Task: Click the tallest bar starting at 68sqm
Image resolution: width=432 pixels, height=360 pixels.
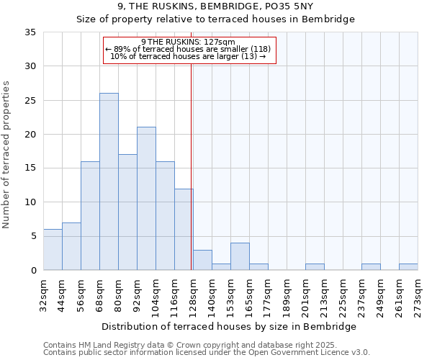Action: [109, 181]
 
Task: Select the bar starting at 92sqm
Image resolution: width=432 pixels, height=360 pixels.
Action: [146, 199]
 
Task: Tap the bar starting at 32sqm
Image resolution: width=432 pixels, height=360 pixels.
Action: [53, 250]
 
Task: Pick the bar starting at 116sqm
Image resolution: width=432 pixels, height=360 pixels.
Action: [184, 229]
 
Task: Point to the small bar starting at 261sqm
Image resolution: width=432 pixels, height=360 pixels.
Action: [408, 267]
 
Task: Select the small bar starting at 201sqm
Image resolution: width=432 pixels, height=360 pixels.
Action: [315, 267]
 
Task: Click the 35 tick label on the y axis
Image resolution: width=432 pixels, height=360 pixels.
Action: [30, 32]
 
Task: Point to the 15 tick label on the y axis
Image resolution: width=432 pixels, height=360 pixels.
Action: [30, 168]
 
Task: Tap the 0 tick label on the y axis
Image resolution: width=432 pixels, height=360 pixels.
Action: [32, 271]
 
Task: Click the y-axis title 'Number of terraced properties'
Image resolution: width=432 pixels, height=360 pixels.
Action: [7, 154]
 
